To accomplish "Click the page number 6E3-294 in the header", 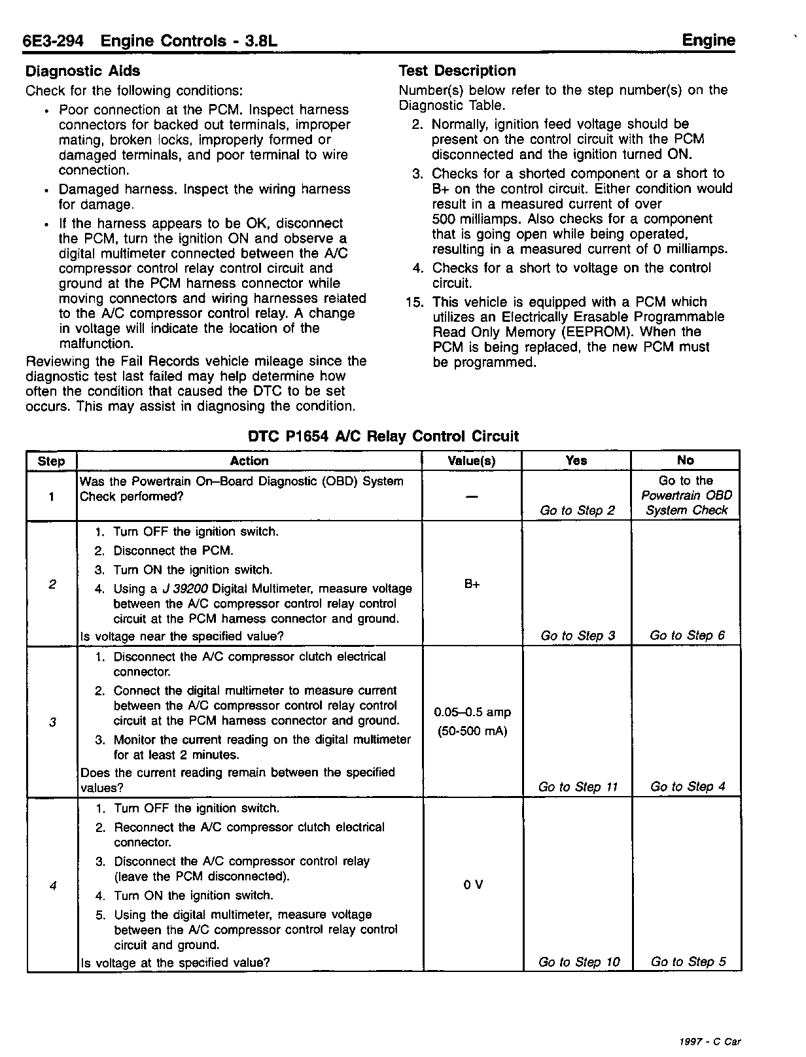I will point(53,41).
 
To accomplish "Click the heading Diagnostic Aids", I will point(82,71).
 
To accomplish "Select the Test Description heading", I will point(457,71).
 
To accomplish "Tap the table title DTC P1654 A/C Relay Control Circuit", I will point(383,436).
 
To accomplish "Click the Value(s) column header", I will point(472,460).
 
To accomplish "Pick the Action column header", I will point(249,460).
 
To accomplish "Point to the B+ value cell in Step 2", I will point(472,584).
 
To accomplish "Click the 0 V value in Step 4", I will point(473,885).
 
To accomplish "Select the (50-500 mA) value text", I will point(472,731).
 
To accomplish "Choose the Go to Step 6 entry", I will point(687,635).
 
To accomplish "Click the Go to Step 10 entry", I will point(578,962).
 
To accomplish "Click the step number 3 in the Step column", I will point(52,722).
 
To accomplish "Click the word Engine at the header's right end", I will point(709,41).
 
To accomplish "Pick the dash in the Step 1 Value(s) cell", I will point(472,496).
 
